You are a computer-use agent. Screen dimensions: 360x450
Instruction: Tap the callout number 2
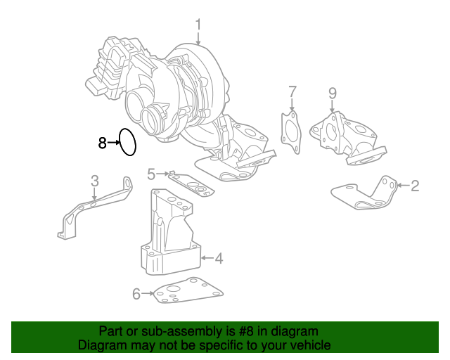tap(415, 186)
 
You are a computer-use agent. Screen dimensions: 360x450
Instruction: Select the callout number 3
tap(95, 181)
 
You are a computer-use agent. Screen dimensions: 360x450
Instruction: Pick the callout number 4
tap(219, 259)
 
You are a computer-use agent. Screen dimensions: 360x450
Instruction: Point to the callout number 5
tap(150, 173)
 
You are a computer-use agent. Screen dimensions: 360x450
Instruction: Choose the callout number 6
tap(136, 292)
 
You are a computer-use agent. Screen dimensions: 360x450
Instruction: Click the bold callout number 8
tap(102, 143)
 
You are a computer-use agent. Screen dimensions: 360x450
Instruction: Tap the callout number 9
tap(333, 93)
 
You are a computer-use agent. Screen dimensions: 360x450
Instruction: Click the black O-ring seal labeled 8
tap(127, 141)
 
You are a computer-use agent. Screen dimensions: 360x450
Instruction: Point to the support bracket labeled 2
tap(366, 194)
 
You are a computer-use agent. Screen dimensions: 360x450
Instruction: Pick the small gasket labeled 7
tap(291, 131)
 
